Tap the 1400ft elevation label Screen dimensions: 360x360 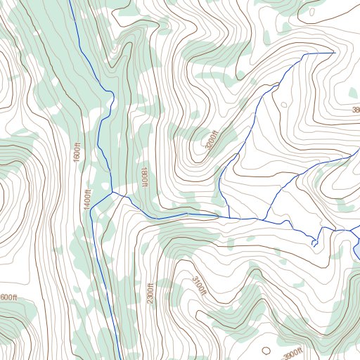[x=87, y=200]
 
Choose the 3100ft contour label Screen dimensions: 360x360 [x=200, y=285]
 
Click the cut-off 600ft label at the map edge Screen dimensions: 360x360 [x=8, y=297]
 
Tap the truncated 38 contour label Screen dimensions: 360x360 [x=355, y=110]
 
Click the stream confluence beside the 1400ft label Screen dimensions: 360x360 [x=112, y=192]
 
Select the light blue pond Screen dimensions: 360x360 [x=357, y=250]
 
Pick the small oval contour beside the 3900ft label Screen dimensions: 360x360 [x=265, y=349]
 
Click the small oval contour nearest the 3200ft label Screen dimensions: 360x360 [x=284, y=105]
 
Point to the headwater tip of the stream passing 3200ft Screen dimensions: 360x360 [x=333, y=51]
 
